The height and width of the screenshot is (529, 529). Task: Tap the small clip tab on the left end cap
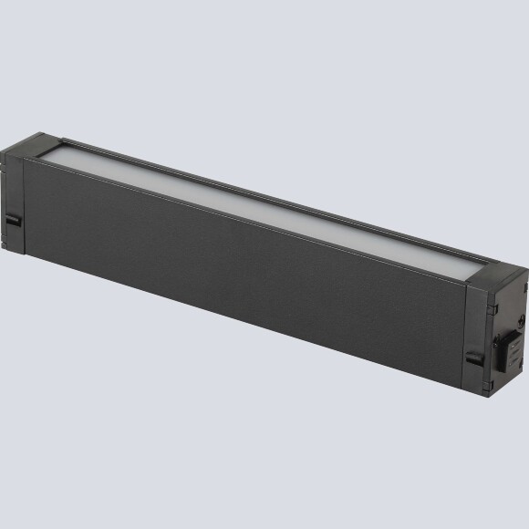[x=11, y=222]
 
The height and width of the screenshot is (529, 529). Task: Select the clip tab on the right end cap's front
[x=474, y=359]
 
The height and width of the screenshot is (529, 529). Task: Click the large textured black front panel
[x=237, y=274]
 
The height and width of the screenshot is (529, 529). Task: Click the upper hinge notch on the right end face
[x=523, y=290]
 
